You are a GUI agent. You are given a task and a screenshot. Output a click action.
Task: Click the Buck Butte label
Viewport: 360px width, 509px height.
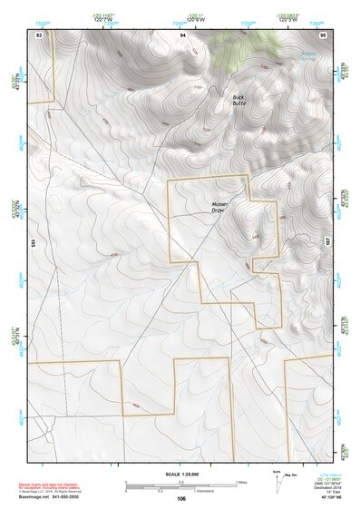(239, 100)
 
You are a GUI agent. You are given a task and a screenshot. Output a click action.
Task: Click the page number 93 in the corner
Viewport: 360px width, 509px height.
(39, 34)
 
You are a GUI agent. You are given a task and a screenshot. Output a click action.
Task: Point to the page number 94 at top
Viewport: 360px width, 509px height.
(182, 34)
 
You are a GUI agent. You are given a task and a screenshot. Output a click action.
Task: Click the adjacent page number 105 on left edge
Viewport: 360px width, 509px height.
(32, 242)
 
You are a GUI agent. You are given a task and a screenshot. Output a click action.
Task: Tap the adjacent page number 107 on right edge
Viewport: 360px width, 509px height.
(329, 242)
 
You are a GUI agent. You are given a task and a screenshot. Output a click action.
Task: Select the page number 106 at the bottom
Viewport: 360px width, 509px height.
(181, 498)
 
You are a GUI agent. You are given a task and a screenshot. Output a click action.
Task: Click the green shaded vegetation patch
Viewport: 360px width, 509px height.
(247, 40)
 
